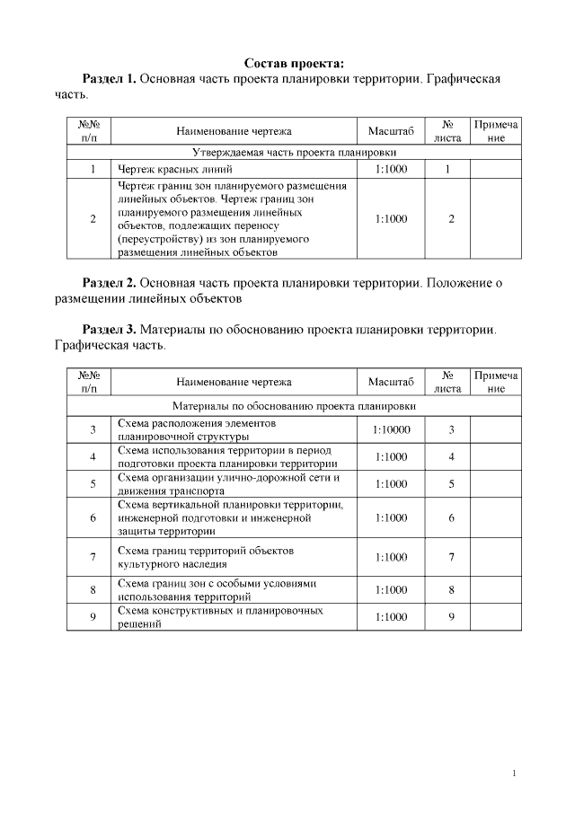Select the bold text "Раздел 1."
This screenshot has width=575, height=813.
[109, 79]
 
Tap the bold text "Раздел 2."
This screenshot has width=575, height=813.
[109, 283]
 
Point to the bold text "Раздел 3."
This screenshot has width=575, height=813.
[109, 330]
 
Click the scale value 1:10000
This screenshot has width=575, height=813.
[391, 429]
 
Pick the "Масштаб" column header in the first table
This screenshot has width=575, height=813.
[391, 131]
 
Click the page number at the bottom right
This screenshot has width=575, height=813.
[513, 773]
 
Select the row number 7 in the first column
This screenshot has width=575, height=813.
[93, 557]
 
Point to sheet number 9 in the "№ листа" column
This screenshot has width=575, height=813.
[451, 617]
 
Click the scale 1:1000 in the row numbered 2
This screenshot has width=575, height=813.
[391, 218]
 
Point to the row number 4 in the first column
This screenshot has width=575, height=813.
[93, 456]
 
